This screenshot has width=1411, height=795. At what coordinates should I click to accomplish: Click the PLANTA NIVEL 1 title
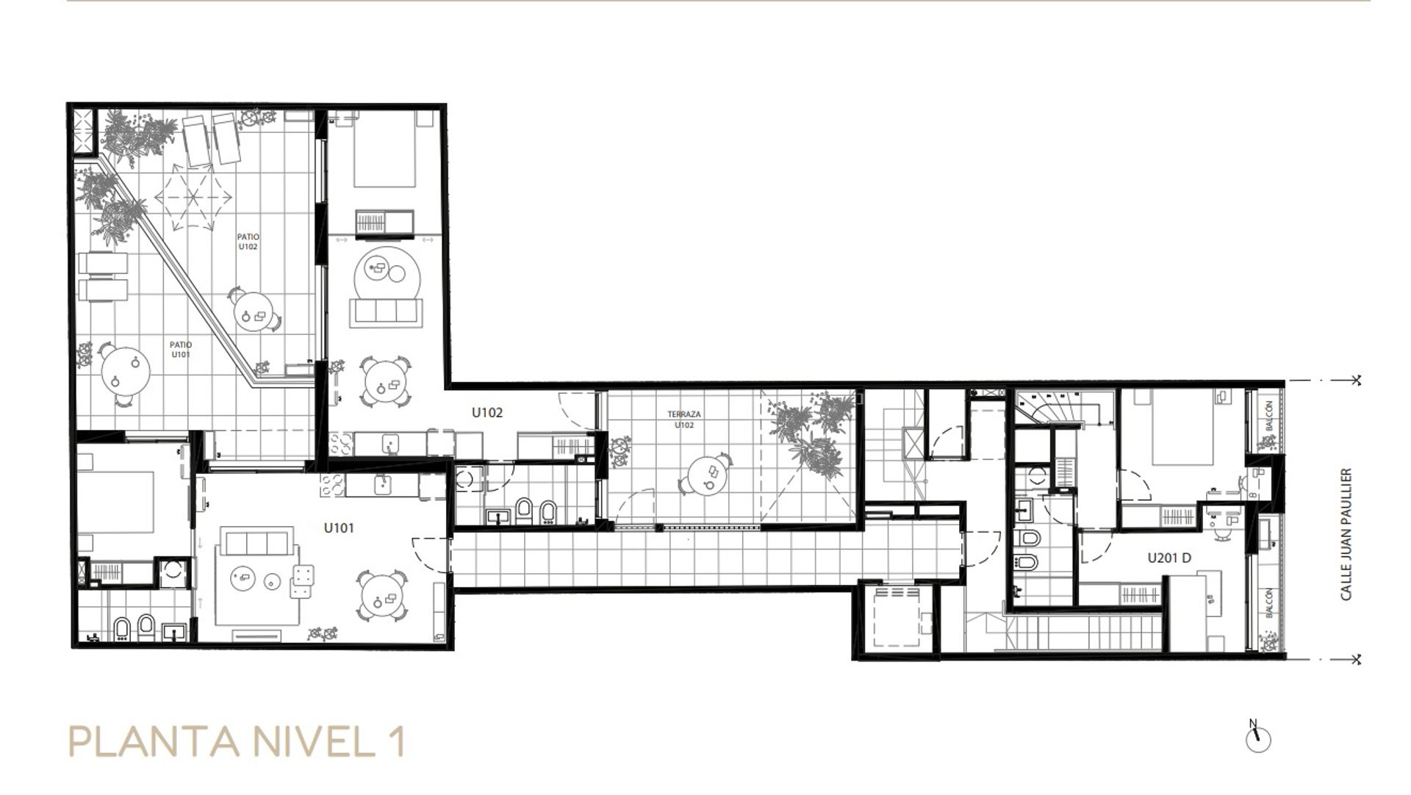coord(236,742)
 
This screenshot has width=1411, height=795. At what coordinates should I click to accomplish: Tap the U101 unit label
coord(339,528)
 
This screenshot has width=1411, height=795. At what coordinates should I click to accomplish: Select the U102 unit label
coord(487,413)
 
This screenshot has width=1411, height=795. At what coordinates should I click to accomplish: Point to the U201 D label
coord(1169,558)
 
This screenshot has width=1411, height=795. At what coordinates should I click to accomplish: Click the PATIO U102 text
coord(248,242)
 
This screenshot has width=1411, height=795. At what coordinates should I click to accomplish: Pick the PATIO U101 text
coord(181,349)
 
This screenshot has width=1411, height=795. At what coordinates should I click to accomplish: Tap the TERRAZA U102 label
coord(684,420)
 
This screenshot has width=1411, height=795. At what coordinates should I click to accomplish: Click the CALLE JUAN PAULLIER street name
coord(1346,534)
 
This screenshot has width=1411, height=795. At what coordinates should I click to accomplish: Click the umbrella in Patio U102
coord(193,195)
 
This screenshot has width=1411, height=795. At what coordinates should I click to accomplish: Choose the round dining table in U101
coord(380,595)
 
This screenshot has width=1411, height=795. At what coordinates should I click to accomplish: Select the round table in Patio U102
coord(254,312)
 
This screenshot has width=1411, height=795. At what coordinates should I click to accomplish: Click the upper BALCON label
coord(1269,415)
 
